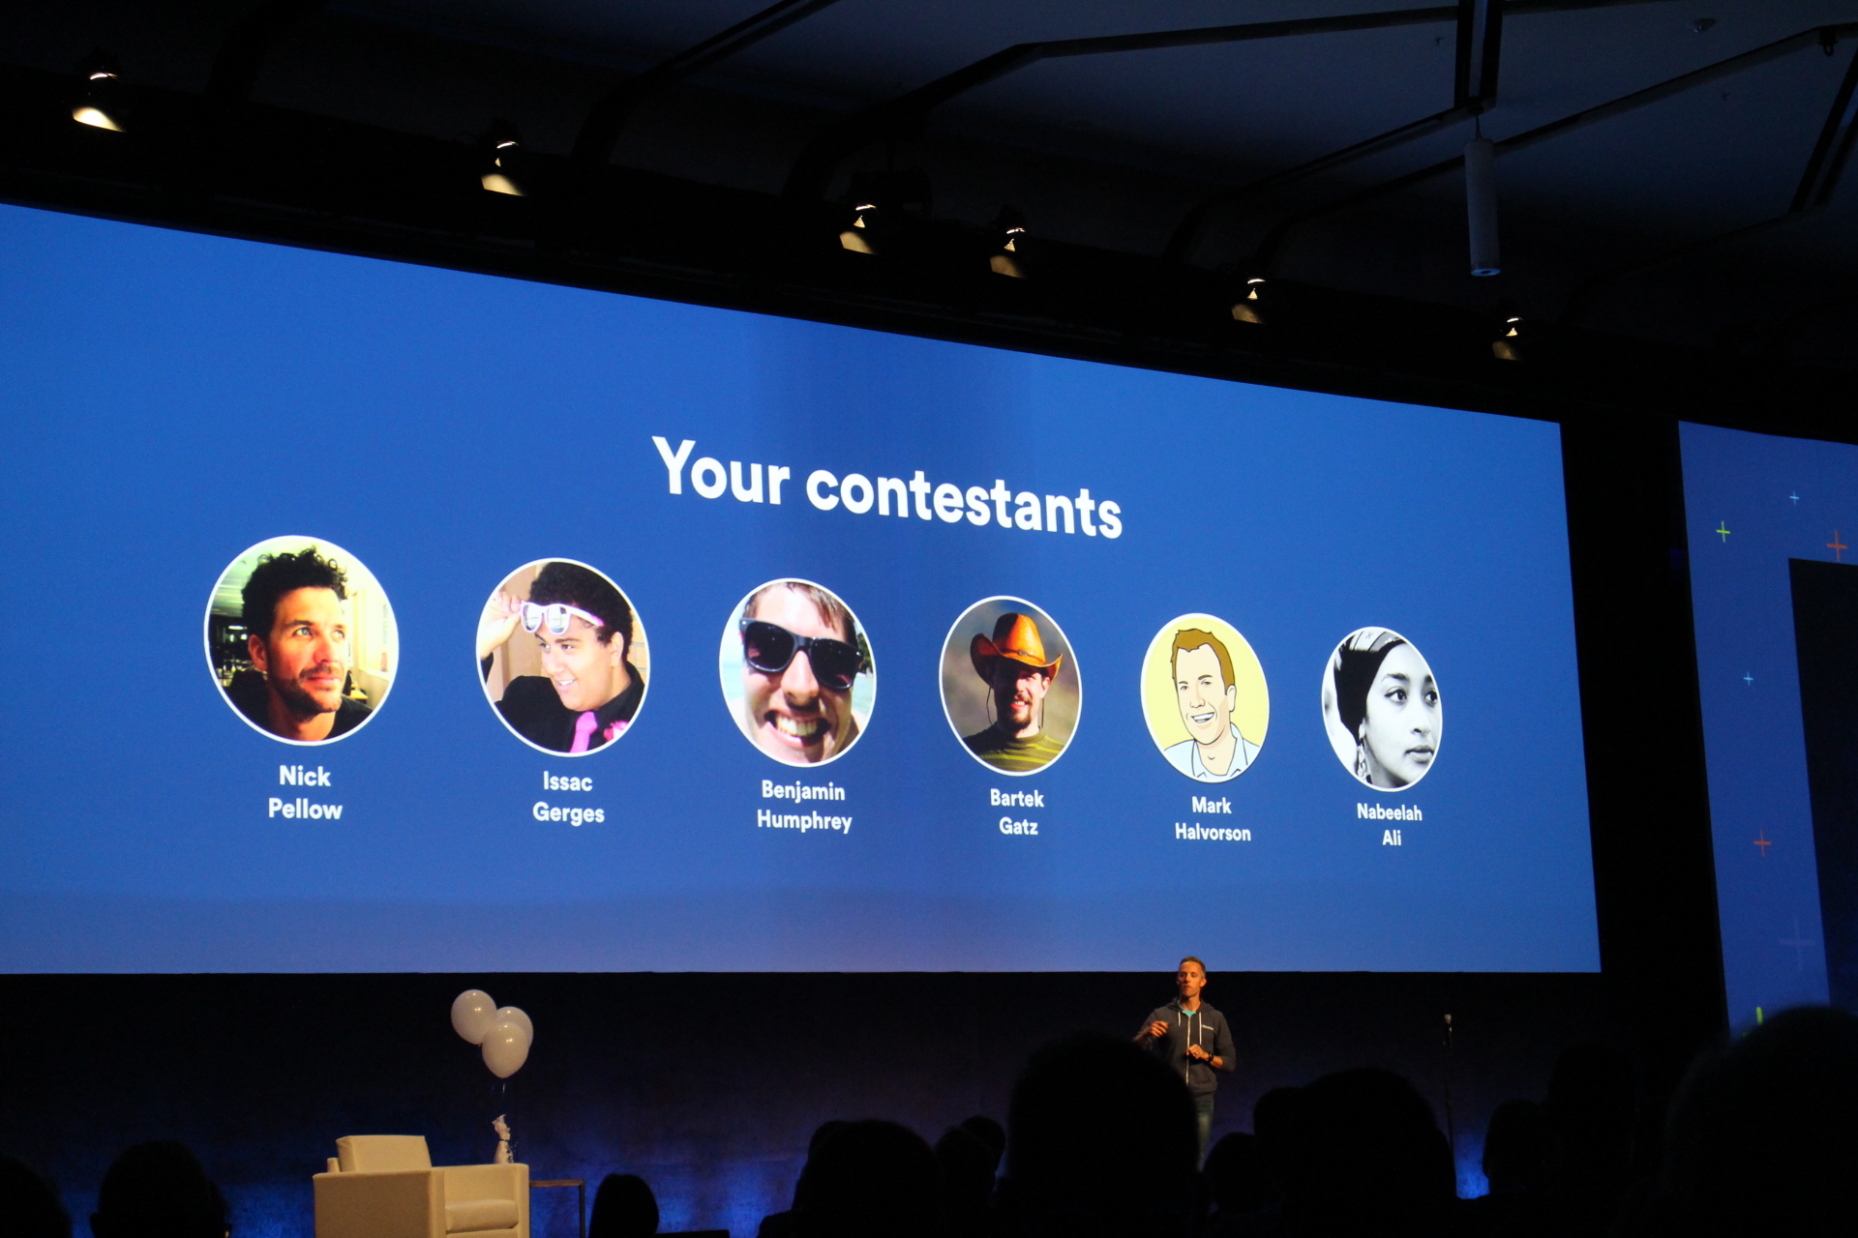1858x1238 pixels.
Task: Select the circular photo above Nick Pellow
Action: (x=302, y=639)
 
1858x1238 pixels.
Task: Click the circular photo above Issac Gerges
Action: (x=563, y=658)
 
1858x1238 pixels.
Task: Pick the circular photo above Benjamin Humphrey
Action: (x=797, y=672)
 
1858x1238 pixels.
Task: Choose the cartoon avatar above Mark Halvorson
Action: (x=1205, y=697)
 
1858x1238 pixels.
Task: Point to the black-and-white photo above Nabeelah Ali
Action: (x=1382, y=708)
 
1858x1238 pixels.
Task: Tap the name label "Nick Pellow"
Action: (x=305, y=793)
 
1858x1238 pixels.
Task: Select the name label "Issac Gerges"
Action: (x=568, y=798)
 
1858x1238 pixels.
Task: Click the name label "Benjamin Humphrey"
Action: (x=804, y=806)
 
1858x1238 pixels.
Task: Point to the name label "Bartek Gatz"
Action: (x=1017, y=812)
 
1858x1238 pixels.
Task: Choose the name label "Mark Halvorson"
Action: (x=1213, y=819)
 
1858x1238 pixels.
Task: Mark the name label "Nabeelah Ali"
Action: (x=1390, y=825)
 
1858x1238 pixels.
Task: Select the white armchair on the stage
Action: (x=421, y=1187)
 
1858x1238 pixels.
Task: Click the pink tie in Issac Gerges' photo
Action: (x=584, y=730)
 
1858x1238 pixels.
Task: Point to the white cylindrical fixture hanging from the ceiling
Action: (x=1482, y=206)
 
